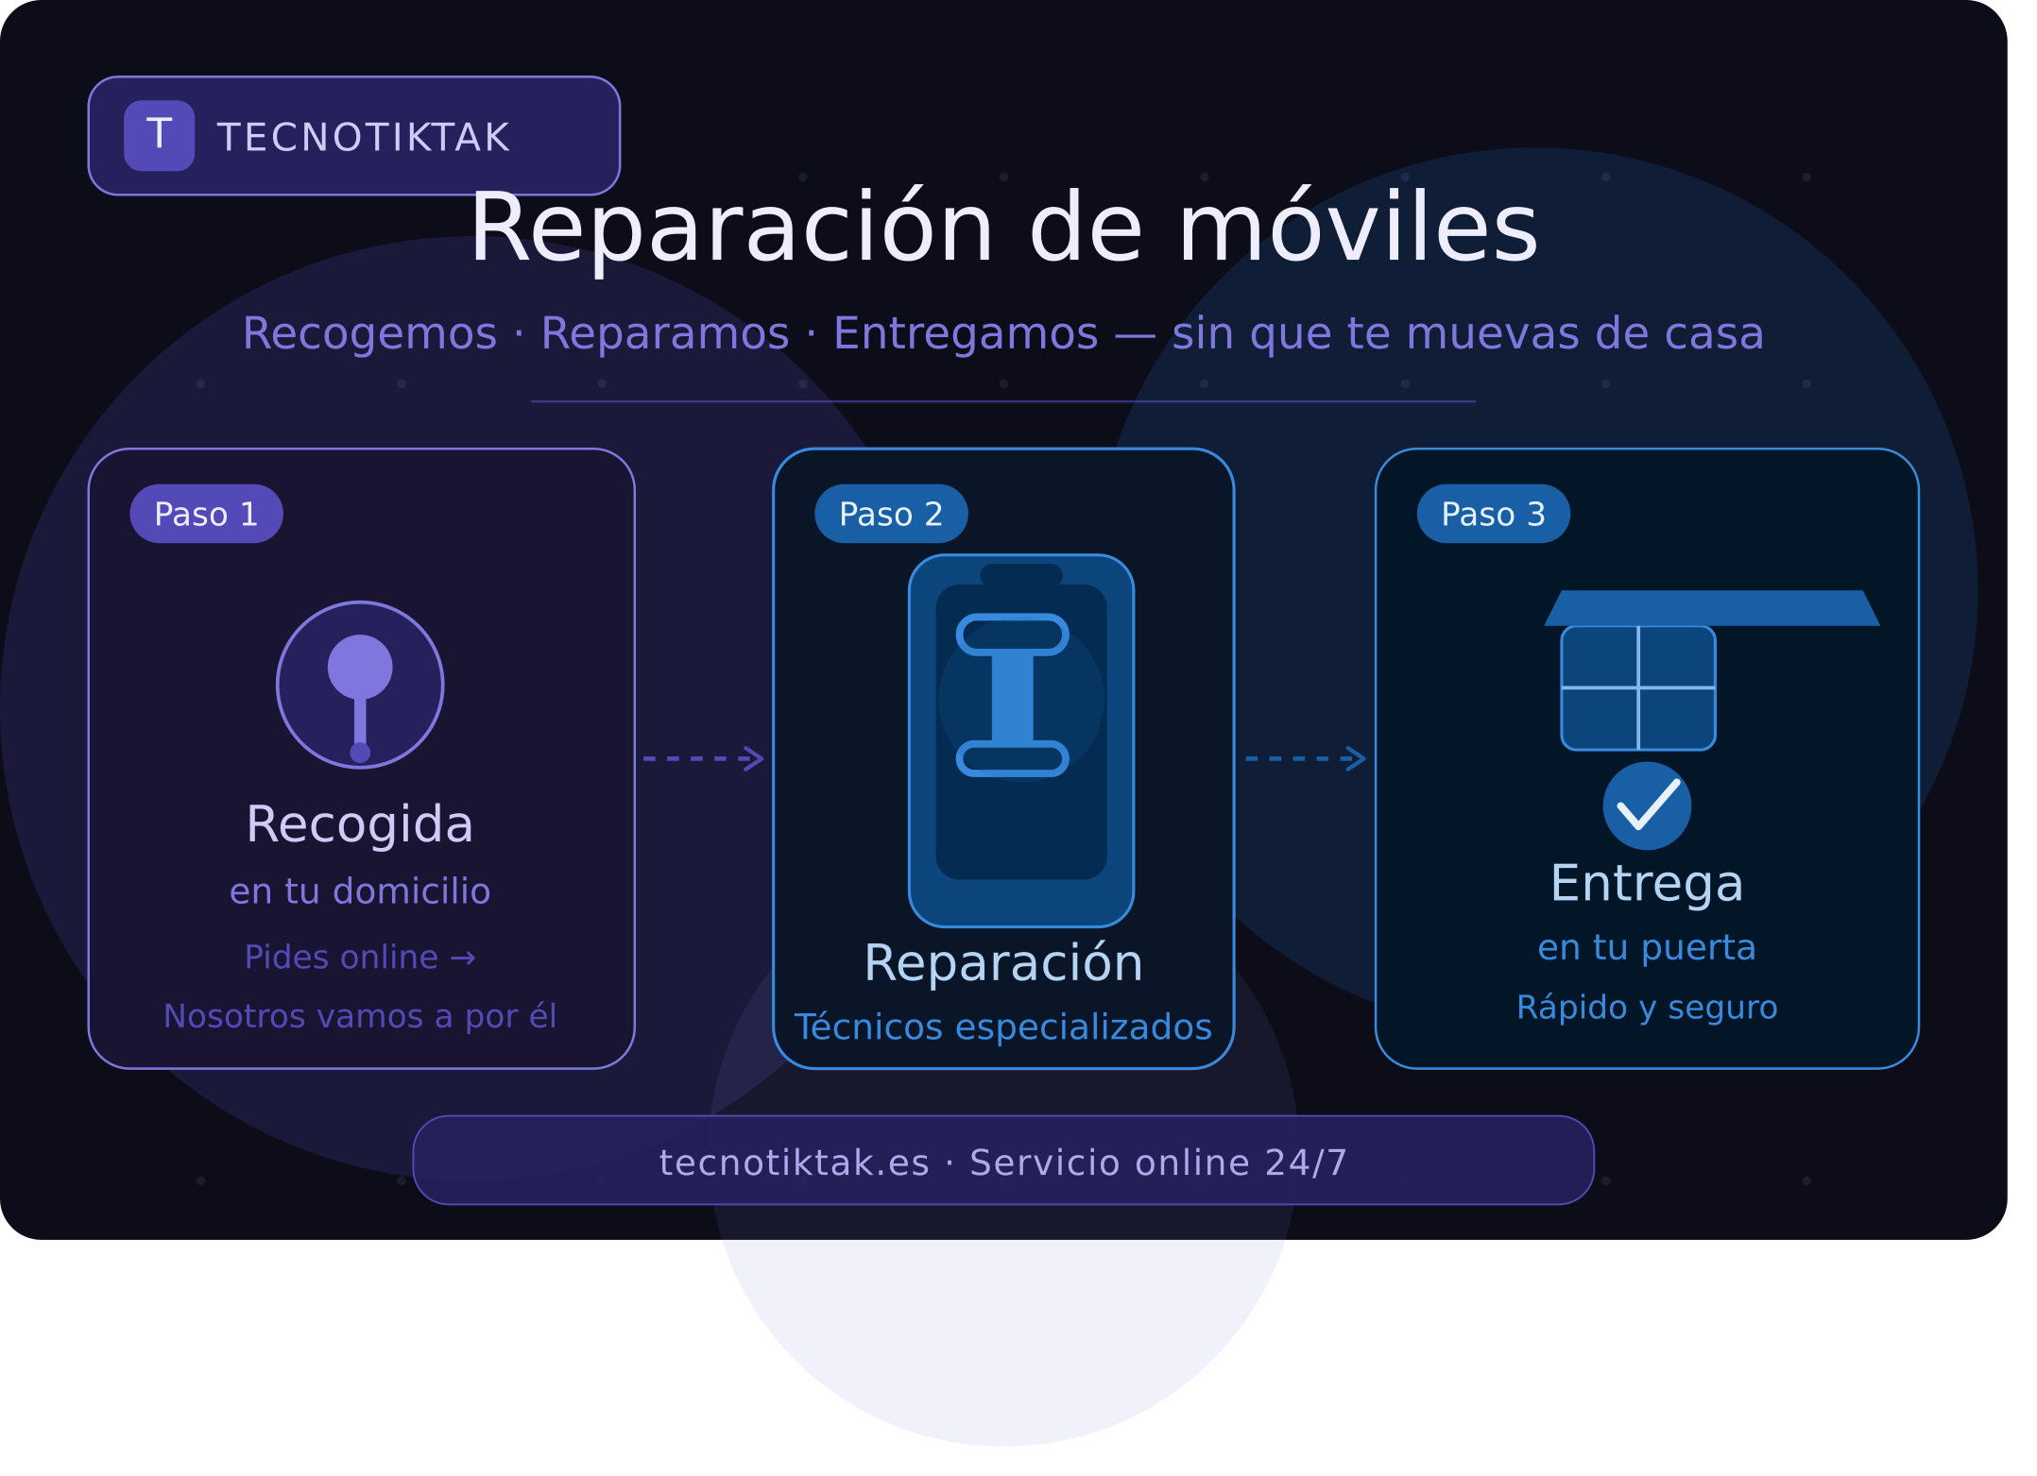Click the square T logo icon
click(160, 136)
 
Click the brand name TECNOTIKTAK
click(364, 138)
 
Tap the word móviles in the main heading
click(1359, 228)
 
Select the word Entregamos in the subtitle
click(966, 333)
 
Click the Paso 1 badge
click(206, 514)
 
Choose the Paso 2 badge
click(891, 514)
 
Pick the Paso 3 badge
click(1494, 514)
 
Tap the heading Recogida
click(360, 824)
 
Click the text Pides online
click(341, 958)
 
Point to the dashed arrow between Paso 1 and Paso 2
click(703, 758)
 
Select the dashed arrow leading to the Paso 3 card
click(1306, 758)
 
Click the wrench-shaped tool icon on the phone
click(1013, 695)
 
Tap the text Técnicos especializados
click(1003, 1026)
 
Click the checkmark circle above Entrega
click(1648, 806)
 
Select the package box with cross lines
click(1638, 687)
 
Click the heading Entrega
click(1647, 884)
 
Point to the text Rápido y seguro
click(1647, 1007)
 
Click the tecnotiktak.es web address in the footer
click(795, 1162)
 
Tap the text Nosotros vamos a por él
click(360, 1016)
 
